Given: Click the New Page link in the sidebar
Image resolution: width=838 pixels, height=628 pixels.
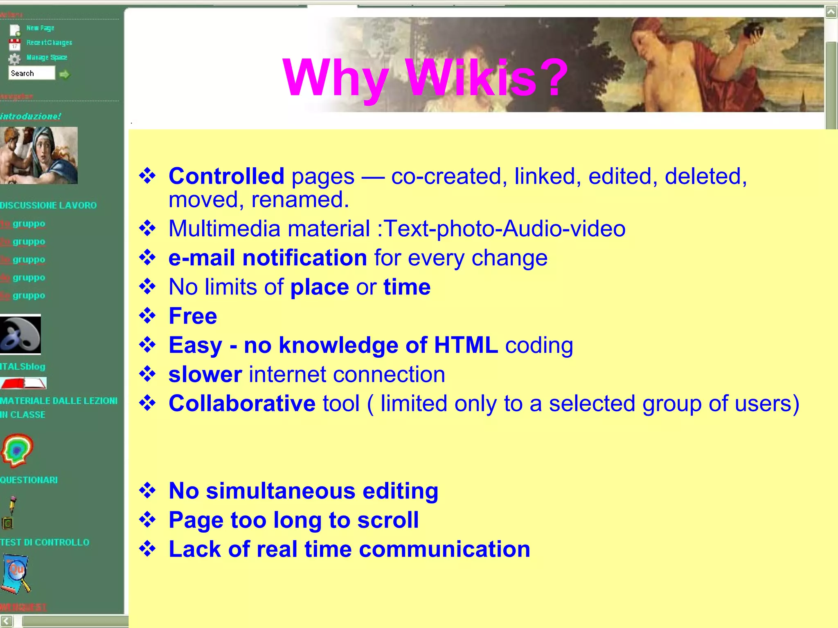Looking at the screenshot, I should [x=40, y=28].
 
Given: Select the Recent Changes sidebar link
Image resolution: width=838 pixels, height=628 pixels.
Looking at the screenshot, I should [x=49, y=43].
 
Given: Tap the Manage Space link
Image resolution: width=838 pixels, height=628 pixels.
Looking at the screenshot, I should [x=47, y=57].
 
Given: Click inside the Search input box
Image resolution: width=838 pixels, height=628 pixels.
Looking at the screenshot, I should [x=32, y=73].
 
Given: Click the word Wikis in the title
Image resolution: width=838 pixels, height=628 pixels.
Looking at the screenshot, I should [x=471, y=78].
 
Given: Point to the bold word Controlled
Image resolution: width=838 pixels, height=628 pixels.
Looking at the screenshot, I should [x=226, y=176].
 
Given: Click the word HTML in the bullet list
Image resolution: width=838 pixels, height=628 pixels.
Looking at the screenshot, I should [x=466, y=345].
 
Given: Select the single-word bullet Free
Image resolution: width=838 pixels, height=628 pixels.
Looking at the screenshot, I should [x=193, y=316].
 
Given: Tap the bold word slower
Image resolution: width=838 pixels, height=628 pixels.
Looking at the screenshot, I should [x=205, y=375].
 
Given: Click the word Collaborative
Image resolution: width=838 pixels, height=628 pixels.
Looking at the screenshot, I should [x=242, y=404].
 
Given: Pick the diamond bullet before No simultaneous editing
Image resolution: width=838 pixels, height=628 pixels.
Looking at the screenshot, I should [x=147, y=490].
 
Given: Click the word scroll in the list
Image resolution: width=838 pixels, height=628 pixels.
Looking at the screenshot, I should [x=388, y=520].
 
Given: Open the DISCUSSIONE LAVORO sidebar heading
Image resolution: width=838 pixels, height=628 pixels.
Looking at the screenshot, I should [x=48, y=205].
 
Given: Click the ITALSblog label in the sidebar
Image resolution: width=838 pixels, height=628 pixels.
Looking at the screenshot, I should [x=23, y=366].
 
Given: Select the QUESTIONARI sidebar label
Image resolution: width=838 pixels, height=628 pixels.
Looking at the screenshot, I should [x=29, y=480].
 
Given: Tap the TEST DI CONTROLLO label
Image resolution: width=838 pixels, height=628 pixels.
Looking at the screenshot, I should [x=45, y=542].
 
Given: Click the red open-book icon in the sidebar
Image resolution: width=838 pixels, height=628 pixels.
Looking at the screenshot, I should [x=23, y=383].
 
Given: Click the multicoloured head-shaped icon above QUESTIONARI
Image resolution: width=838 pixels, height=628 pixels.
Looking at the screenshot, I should [x=17, y=450].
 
